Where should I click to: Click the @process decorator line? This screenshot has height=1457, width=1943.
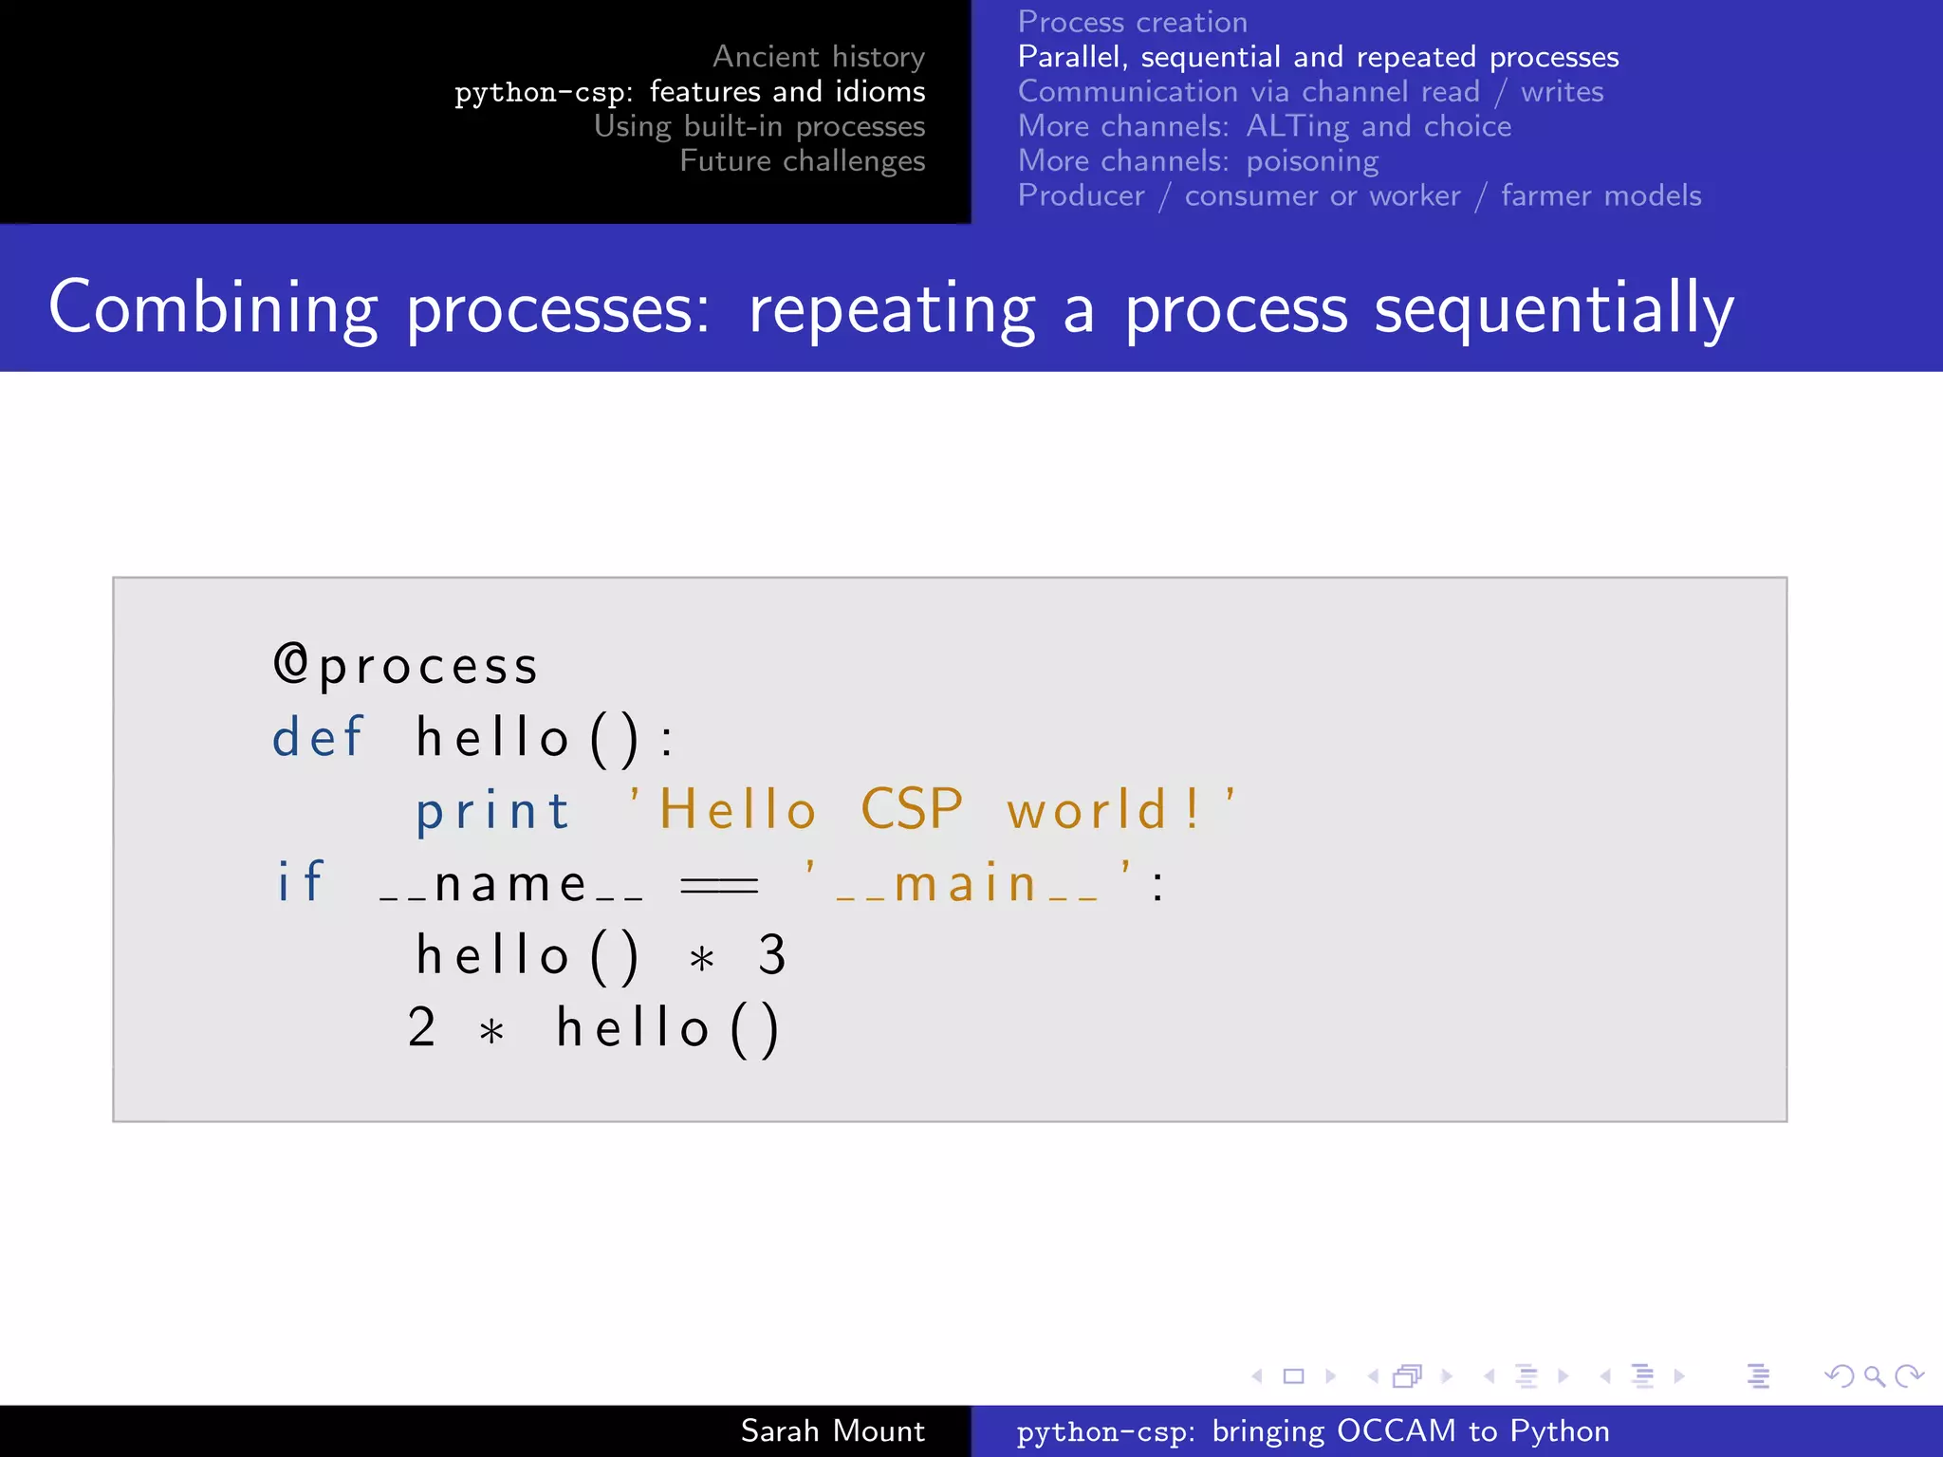click(406, 666)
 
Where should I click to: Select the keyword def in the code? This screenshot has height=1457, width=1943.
click(318, 738)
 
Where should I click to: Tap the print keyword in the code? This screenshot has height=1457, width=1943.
click(492, 812)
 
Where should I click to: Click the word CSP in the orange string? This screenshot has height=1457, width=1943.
click(911, 810)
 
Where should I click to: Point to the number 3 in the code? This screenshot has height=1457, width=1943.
click(772, 955)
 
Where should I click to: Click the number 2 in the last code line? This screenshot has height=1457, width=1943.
click(422, 1028)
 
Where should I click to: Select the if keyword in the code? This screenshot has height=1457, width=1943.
click(301, 883)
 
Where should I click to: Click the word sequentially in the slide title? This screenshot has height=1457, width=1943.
click(1554, 309)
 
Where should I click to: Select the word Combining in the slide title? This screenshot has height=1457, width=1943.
click(213, 309)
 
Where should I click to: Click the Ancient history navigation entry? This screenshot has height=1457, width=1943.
click(818, 57)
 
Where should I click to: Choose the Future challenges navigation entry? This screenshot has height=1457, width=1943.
click(802, 161)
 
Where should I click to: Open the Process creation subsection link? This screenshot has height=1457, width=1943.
click(1133, 22)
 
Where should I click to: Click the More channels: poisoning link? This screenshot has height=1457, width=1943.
click(1198, 161)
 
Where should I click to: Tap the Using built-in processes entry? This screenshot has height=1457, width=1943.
click(759, 126)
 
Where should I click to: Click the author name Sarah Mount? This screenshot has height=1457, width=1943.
click(832, 1430)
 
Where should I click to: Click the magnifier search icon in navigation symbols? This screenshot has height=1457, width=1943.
click(1874, 1375)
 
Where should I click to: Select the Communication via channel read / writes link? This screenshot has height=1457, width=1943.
click(1310, 91)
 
